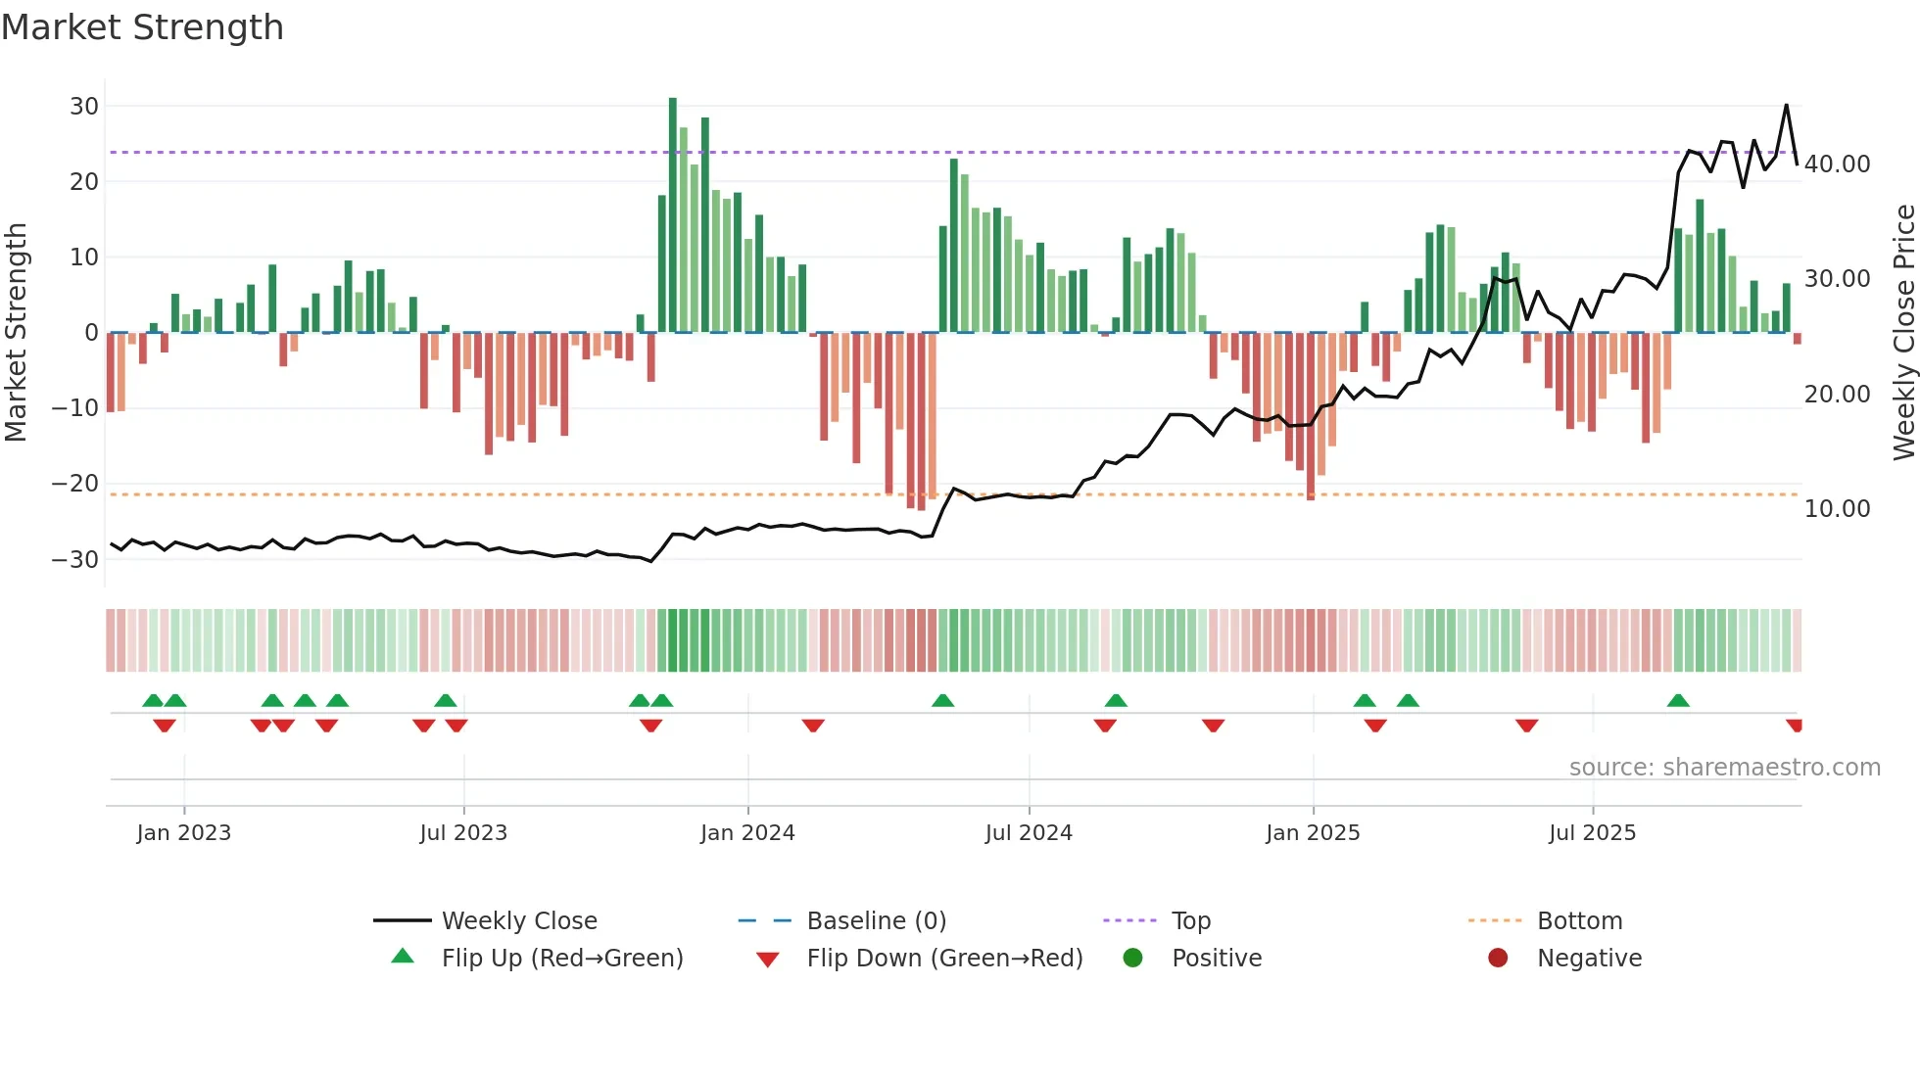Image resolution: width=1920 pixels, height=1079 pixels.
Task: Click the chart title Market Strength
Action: click(142, 27)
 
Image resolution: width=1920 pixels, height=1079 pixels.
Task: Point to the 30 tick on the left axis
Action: click(84, 106)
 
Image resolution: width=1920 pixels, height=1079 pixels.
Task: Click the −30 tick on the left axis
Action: click(75, 560)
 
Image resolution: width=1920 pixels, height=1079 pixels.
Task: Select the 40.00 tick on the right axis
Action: click(1837, 164)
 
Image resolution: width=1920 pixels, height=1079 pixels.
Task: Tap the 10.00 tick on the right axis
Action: click(1837, 509)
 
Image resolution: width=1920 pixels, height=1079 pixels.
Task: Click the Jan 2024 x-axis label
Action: click(747, 833)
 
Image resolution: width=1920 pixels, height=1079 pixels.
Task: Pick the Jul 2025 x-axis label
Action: click(1592, 833)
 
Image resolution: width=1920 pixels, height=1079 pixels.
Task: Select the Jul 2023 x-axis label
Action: click(463, 833)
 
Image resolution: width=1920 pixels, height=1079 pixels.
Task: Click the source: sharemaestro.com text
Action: click(1724, 768)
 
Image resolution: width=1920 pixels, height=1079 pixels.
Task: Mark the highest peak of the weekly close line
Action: click(1786, 105)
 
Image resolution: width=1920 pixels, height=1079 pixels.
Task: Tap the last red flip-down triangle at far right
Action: click(1795, 726)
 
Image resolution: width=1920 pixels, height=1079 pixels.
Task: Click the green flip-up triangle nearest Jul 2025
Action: click(1678, 701)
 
